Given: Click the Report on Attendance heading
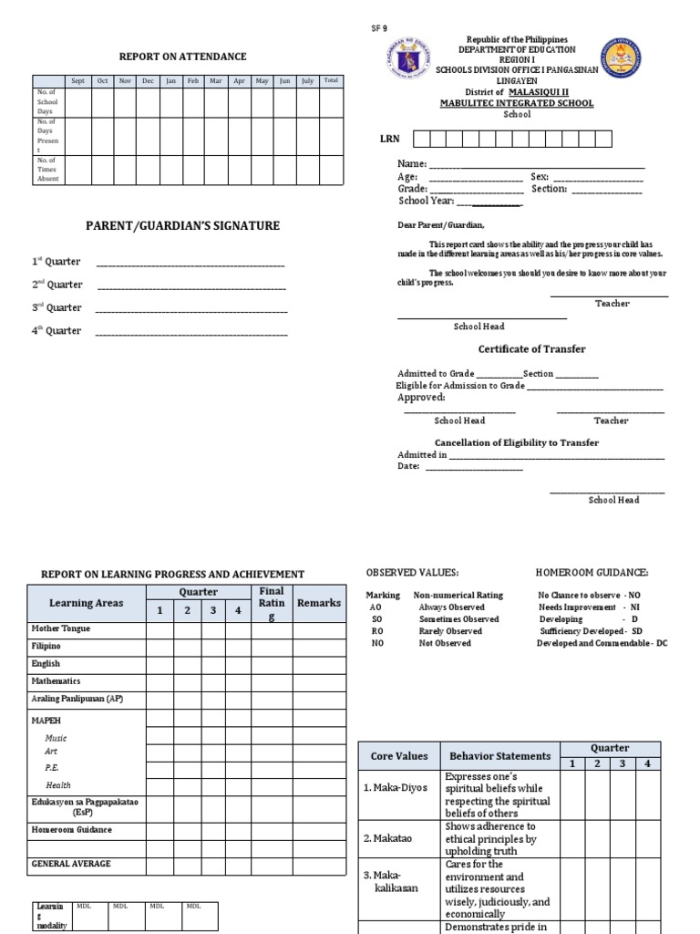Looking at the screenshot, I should click(182, 57).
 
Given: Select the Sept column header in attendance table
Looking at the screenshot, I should click(78, 81).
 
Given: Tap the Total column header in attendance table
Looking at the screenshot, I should click(331, 81).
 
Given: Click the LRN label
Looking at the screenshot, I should click(389, 140).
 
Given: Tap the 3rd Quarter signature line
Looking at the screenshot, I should click(191, 310).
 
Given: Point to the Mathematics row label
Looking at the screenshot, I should click(57, 681).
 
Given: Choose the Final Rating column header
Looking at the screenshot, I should click(272, 603).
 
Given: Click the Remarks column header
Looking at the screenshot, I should click(319, 603).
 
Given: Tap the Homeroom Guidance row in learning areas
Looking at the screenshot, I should click(72, 830).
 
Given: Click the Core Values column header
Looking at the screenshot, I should click(398, 756).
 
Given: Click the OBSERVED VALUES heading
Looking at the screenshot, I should click(412, 573).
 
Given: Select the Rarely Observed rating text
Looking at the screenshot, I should click(450, 631).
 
